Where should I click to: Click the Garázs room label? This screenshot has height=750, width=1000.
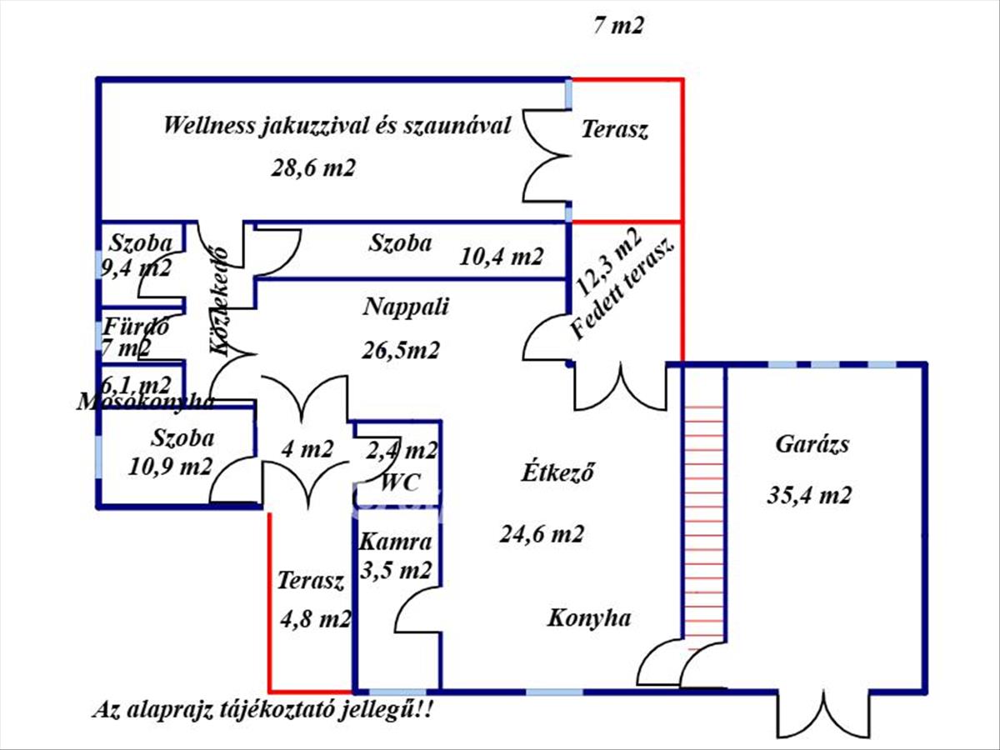[x=812, y=444]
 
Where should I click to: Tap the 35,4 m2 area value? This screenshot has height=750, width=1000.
[x=808, y=496]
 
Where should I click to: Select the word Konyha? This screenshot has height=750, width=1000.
[x=588, y=618]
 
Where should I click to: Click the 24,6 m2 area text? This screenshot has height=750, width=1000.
[x=542, y=533]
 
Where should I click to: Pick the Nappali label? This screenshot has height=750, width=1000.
[x=406, y=307]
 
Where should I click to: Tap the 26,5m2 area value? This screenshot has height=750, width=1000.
[x=401, y=350]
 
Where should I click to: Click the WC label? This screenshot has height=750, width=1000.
[x=400, y=482]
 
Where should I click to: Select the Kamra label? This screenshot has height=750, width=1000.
[x=395, y=542]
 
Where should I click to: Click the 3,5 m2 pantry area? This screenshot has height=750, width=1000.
[x=396, y=572]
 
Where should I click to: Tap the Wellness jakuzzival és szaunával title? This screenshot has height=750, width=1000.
[x=337, y=127]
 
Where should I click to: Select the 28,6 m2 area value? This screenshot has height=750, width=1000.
[x=313, y=167]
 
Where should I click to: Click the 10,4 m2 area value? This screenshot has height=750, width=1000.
[x=502, y=256]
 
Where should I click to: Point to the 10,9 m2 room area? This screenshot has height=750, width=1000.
[x=170, y=466]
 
